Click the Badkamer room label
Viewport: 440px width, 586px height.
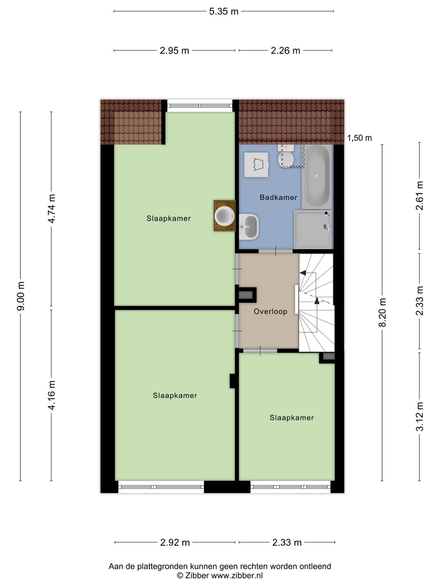click(x=278, y=197)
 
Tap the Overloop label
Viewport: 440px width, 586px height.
click(x=271, y=311)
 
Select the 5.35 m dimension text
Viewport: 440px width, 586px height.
click(x=224, y=11)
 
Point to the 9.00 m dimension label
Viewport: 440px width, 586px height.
click(x=21, y=296)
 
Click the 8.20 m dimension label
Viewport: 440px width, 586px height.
click(x=383, y=313)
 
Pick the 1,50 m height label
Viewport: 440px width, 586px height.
click(x=359, y=138)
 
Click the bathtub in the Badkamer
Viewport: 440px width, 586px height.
click(x=317, y=177)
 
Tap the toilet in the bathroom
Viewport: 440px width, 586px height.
click(x=286, y=156)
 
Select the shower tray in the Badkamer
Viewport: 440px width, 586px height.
click(x=313, y=230)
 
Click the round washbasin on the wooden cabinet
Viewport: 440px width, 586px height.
click(x=224, y=215)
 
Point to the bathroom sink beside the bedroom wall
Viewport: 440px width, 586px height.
click(x=249, y=227)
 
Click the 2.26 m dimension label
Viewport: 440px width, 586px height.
click(x=285, y=50)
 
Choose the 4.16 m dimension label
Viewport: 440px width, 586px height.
click(x=51, y=396)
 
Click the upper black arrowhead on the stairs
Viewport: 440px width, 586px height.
click(x=302, y=273)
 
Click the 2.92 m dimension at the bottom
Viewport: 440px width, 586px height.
click(x=175, y=543)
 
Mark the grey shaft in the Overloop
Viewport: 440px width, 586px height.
click(x=246, y=295)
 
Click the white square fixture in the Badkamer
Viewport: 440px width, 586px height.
click(x=256, y=165)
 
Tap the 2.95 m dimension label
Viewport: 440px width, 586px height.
click(x=174, y=50)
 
